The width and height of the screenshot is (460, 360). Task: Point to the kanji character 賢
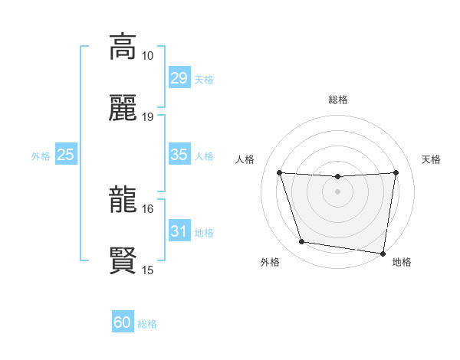click(123, 260)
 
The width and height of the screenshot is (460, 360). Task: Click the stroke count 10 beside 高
click(148, 56)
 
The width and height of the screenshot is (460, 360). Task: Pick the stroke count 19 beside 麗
click(148, 117)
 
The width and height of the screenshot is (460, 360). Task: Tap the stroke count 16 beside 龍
click(148, 208)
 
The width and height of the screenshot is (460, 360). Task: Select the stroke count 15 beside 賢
click(148, 270)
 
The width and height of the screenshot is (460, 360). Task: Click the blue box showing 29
click(179, 78)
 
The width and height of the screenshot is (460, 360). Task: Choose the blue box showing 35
click(179, 155)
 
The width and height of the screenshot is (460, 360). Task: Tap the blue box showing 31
click(179, 231)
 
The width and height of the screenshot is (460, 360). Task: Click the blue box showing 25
click(66, 155)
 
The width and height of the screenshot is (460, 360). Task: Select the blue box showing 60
click(123, 323)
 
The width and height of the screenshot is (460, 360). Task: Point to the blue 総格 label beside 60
click(147, 324)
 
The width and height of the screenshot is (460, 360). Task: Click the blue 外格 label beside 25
click(41, 156)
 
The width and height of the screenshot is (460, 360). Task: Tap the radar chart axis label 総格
click(338, 100)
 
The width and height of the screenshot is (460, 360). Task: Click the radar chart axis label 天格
click(432, 159)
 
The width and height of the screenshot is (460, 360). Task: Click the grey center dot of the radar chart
click(338, 191)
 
